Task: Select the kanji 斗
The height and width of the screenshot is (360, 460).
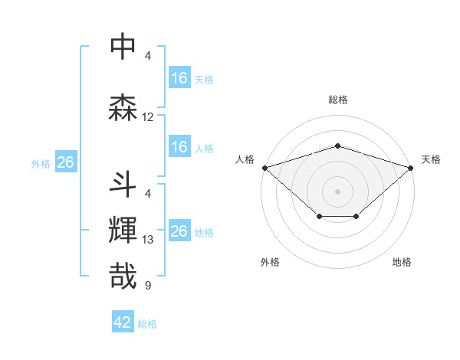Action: (123, 185)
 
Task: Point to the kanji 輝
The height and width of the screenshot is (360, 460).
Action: (123, 231)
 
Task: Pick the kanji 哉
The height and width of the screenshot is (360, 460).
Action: (123, 277)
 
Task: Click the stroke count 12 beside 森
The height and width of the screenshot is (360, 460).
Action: (148, 117)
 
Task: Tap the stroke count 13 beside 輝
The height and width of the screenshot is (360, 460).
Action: (148, 240)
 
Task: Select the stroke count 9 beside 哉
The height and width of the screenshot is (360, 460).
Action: (148, 286)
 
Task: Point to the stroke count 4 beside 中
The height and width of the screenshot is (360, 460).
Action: (148, 55)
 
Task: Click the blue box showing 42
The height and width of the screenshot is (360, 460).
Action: (123, 323)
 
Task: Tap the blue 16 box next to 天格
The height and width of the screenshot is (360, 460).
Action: (179, 78)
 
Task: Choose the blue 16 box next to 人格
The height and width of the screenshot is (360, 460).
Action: (179, 147)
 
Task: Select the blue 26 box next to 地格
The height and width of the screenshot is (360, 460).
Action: (179, 231)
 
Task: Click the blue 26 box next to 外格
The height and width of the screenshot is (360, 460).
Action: (66, 162)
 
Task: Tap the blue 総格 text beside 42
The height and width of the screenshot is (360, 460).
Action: (147, 324)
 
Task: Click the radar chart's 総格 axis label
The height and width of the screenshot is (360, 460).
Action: (338, 100)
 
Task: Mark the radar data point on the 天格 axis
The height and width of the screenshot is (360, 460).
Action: (412, 167)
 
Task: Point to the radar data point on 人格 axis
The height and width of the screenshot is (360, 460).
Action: (264, 167)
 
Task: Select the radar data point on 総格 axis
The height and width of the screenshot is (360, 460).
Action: (338, 146)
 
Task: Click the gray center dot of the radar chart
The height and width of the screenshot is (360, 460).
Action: (338, 191)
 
